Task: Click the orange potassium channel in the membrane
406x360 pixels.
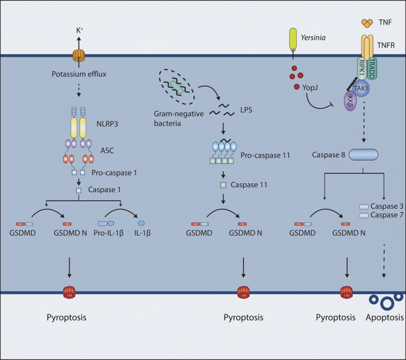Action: (x=78, y=56)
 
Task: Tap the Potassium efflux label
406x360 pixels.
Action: (x=78, y=74)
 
